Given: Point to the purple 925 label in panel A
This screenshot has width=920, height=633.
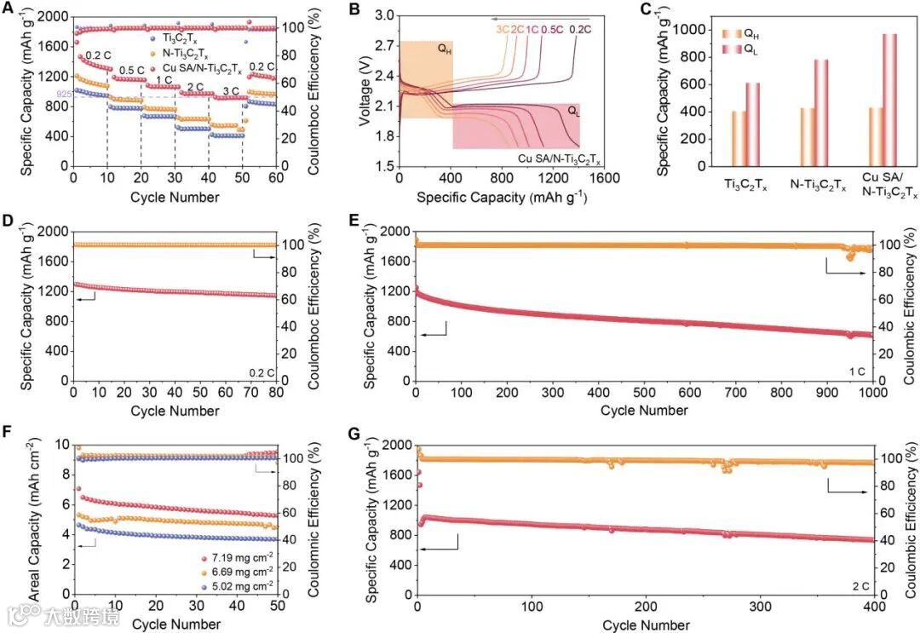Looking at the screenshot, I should pos(64,94).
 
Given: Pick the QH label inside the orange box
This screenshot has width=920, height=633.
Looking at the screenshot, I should pos(444,49).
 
